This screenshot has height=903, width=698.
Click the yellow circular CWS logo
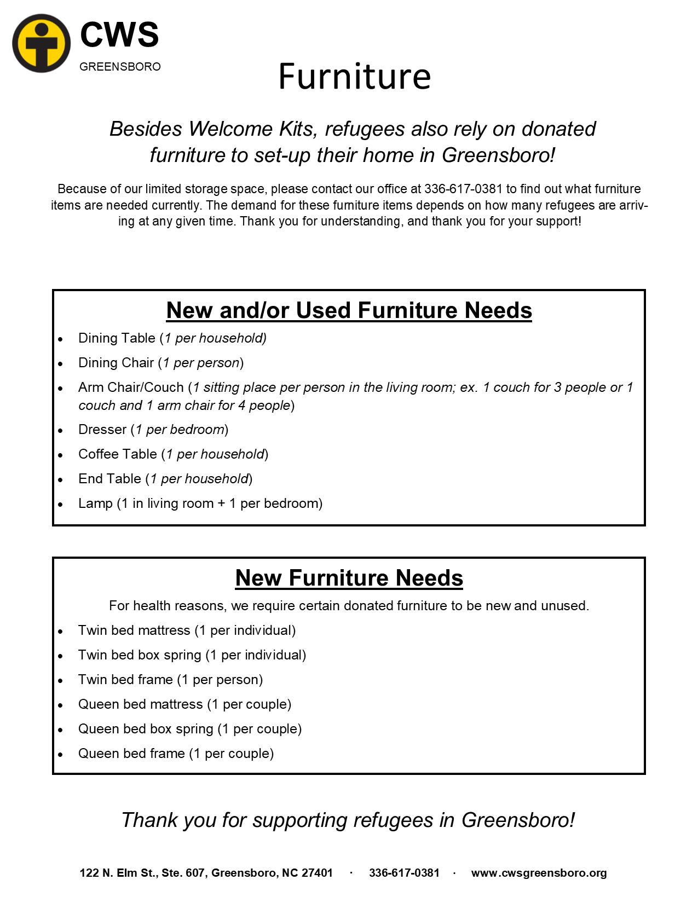click(42, 43)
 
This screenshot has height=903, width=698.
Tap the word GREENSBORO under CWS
click(120, 67)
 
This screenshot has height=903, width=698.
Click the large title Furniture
click(354, 76)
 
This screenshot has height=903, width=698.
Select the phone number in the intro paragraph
click(463, 189)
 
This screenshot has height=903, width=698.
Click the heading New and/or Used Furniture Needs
click(349, 310)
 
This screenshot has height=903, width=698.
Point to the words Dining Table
click(117, 338)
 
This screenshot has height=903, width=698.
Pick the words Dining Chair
click(116, 363)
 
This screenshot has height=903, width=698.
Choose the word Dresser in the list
click(102, 430)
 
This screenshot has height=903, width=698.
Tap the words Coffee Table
click(118, 454)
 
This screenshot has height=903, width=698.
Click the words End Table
click(109, 479)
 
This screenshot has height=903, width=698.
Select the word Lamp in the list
click(95, 503)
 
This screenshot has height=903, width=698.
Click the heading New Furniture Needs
click(349, 578)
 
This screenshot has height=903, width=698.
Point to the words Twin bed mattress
click(134, 630)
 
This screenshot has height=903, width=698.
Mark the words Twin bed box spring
click(140, 655)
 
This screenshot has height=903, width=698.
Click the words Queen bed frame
click(131, 754)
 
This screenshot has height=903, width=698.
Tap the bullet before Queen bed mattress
click(60, 705)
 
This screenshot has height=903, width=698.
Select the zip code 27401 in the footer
click(317, 873)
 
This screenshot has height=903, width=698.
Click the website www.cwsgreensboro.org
click(539, 873)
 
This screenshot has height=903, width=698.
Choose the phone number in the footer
click(404, 873)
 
